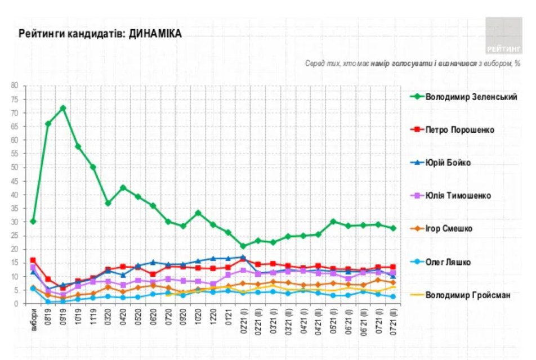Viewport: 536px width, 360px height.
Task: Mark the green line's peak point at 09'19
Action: point(63,108)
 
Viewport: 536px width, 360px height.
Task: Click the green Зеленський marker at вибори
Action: point(33,222)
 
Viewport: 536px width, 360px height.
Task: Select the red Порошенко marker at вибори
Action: point(33,260)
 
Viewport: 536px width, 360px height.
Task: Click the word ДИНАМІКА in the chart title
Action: point(155,34)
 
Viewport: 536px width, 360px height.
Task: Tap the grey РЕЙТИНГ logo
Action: point(504,35)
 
